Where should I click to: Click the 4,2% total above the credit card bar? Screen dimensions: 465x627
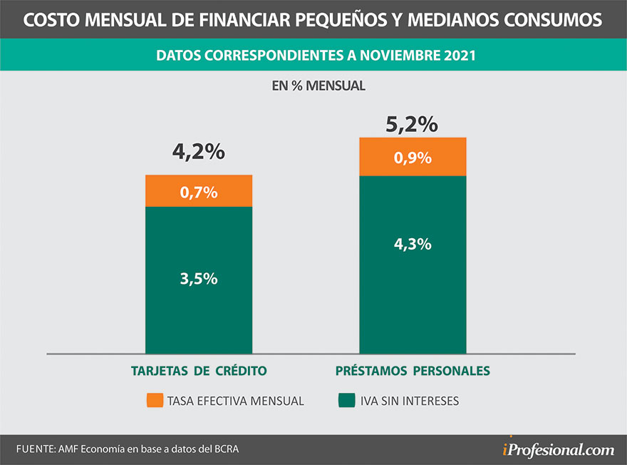point(199,152)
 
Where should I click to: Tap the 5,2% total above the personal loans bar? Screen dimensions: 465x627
point(412,125)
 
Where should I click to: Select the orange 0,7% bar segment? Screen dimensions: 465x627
point(199,191)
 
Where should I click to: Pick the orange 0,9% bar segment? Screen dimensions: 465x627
point(413,157)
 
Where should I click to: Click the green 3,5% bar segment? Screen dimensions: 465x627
point(199,280)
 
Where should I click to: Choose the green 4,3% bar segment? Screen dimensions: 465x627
point(413,264)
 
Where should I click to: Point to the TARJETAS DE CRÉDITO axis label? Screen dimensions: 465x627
point(199,371)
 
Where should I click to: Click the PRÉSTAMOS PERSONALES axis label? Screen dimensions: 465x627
point(413,371)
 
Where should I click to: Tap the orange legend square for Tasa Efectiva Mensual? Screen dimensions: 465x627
point(154,401)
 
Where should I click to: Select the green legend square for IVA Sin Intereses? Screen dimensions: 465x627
point(346,401)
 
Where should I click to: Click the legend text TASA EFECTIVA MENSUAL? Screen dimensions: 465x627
point(235,401)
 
